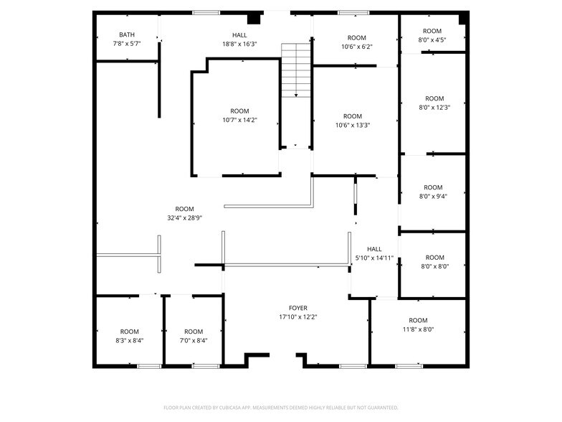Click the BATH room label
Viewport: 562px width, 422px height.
[127, 34]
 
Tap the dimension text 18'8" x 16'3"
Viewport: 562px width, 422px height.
[239, 44]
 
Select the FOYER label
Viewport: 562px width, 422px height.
[298, 308]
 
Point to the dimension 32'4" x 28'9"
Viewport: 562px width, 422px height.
[185, 218]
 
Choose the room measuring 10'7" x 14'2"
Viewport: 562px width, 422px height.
[239, 116]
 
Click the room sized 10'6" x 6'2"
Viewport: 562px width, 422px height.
[356, 42]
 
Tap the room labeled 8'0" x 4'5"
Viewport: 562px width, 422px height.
[432, 35]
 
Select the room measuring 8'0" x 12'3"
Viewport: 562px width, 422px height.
[434, 103]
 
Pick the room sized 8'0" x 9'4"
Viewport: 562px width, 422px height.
[434, 192]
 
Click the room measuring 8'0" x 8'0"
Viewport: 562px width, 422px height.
[434, 262]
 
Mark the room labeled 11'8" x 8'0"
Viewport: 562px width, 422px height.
[418, 324]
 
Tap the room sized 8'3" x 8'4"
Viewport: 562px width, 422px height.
[130, 336]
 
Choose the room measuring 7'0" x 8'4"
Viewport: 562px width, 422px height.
[194, 336]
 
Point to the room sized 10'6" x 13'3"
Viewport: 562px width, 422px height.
[353, 121]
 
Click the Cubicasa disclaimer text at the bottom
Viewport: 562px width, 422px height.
[280, 407]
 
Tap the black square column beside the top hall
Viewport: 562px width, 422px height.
[253, 19]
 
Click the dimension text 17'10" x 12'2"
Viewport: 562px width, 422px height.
[298, 316]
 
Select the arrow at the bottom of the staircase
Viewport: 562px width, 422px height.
[295, 94]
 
